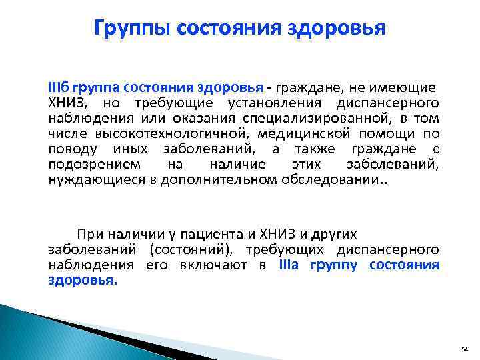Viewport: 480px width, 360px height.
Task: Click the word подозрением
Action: tap(84, 164)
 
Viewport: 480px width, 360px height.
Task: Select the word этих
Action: tap(307, 164)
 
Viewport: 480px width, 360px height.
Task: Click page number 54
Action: tap(465, 349)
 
